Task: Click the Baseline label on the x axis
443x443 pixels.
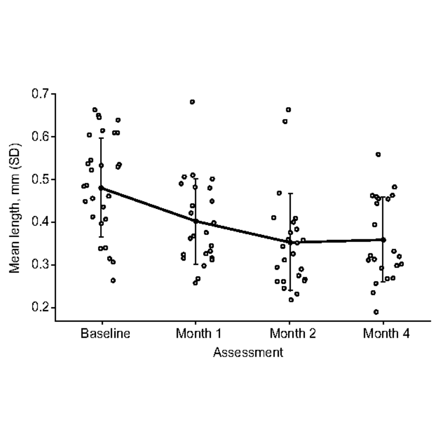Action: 105,333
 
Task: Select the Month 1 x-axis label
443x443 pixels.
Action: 199,333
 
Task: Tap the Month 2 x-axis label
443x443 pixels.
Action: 292,333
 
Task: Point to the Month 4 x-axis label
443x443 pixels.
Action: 386,333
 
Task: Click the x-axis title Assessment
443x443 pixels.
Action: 248,352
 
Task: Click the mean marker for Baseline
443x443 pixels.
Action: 101,188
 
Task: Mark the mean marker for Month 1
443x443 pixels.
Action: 196,221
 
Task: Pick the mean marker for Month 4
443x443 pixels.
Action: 383,240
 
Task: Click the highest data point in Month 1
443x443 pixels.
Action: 192,102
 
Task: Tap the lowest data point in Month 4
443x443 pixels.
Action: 376,312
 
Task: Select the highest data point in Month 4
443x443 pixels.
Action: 378,155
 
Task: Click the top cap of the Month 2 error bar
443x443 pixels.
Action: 290,193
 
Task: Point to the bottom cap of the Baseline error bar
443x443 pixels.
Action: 101,237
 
